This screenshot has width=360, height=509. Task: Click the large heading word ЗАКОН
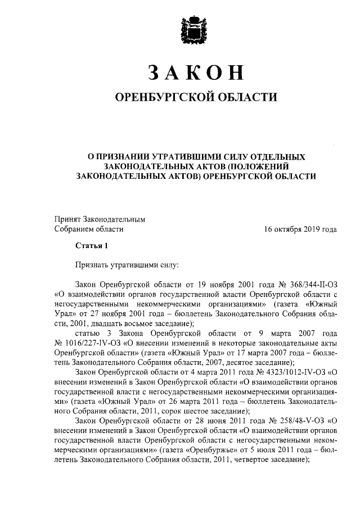point(196,73)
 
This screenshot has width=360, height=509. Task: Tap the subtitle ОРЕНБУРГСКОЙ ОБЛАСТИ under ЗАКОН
point(196,98)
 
